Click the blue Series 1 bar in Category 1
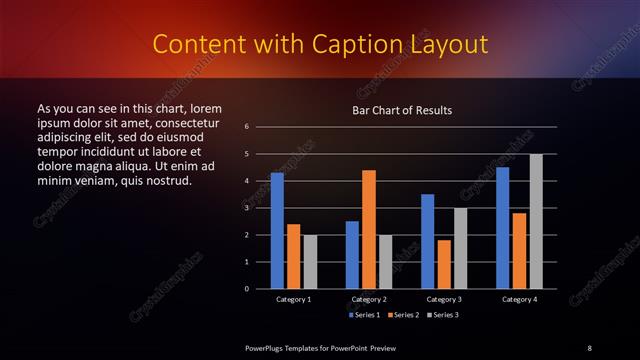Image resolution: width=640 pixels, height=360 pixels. click(x=277, y=231)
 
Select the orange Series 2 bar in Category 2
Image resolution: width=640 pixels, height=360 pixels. click(x=369, y=229)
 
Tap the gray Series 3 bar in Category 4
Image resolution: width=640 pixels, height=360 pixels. click(x=536, y=221)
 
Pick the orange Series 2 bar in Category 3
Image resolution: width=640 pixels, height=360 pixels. click(x=444, y=264)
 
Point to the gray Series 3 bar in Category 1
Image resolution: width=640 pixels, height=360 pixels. click(x=310, y=262)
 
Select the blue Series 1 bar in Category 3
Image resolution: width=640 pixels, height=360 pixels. click(x=428, y=241)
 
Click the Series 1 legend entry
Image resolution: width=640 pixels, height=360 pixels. click(x=364, y=315)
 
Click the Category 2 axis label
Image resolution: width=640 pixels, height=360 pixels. click(x=369, y=299)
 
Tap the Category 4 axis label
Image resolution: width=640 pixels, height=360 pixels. click(x=519, y=299)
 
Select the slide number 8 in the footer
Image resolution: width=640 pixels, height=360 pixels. click(x=589, y=347)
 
